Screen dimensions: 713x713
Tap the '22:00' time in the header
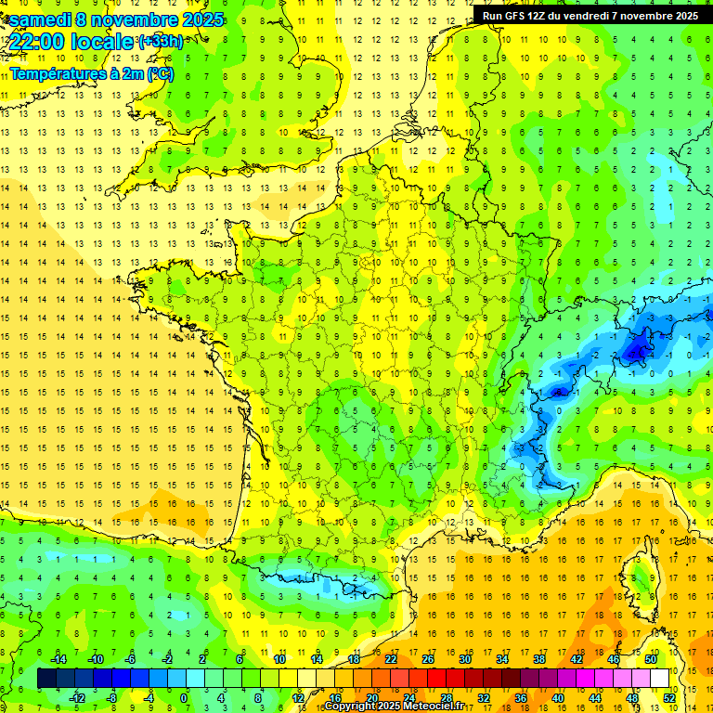point(37,42)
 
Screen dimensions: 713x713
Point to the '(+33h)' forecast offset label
point(160,42)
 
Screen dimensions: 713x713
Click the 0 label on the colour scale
point(184,698)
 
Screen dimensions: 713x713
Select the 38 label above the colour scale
point(538,659)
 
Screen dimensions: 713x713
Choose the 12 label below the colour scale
point(297,698)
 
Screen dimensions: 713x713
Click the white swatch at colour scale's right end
point(660,679)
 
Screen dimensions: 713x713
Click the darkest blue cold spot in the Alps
point(637,351)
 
